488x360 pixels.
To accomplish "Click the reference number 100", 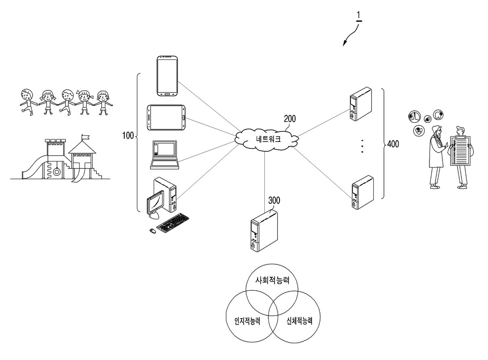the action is (x=128, y=135).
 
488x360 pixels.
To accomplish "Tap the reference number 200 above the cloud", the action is (x=290, y=119).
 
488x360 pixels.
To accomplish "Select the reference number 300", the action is (x=274, y=200).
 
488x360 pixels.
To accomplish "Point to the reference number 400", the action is (x=393, y=144).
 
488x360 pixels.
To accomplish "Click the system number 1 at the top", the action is (x=359, y=15).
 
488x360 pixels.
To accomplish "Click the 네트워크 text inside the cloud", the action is (x=268, y=139).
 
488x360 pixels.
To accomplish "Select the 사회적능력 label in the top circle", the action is (x=272, y=280).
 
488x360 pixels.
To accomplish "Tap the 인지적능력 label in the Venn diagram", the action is (x=247, y=321).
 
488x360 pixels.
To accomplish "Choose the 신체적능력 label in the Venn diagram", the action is (x=299, y=321).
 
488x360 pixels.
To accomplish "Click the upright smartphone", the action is (x=167, y=76).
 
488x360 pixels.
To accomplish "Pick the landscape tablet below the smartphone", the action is (x=166, y=118).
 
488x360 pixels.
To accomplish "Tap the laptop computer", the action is (x=164, y=155).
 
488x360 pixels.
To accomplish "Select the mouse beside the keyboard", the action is (x=152, y=231).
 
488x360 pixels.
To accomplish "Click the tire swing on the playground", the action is (x=57, y=172).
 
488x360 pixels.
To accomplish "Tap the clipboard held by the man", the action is (x=460, y=151).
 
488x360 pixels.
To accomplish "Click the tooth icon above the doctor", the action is (x=438, y=115).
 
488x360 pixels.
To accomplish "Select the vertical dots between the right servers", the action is (x=362, y=146).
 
